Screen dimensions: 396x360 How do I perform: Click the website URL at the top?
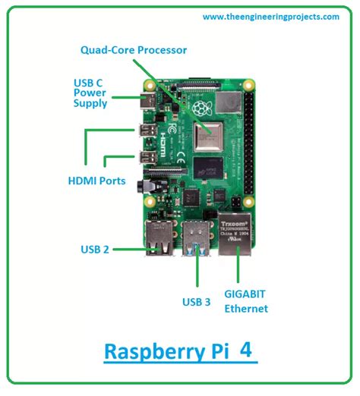click(x=270, y=17)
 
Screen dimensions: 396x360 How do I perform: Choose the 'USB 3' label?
click(x=196, y=301)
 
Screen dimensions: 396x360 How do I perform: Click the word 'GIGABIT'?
click(x=245, y=294)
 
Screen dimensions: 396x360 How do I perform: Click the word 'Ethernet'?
click(x=245, y=309)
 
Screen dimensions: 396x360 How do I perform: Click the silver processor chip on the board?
click(x=207, y=136)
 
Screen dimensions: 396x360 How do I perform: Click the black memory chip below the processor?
click(x=207, y=168)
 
